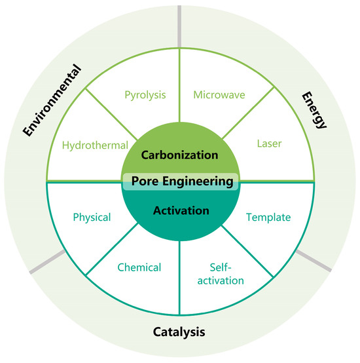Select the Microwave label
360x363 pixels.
click(x=219, y=95)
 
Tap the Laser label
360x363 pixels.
click(x=269, y=142)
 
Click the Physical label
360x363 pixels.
click(x=92, y=217)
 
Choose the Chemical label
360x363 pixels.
click(x=139, y=267)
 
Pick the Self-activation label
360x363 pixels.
click(x=219, y=275)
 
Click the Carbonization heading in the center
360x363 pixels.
click(x=180, y=156)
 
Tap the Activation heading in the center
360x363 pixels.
click(x=180, y=211)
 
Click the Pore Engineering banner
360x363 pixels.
click(x=180, y=181)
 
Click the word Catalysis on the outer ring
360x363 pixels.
click(x=179, y=332)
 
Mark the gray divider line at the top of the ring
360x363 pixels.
click(x=180, y=20)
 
